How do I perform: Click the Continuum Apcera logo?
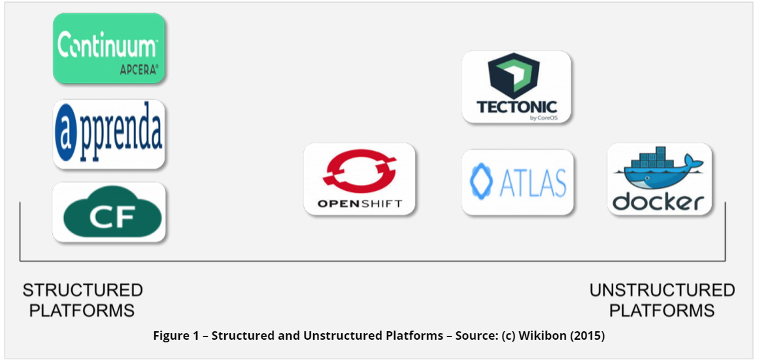[x=109, y=48]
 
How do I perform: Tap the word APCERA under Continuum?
[x=139, y=71]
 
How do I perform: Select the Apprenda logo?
[x=109, y=134]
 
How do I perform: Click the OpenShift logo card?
[x=359, y=178]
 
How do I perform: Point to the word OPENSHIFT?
[x=359, y=203]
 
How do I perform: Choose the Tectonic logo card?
[x=516, y=87]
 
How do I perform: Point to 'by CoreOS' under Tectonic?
[x=547, y=117]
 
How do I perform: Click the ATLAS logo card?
[x=518, y=182]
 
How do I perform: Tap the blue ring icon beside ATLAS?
[x=481, y=182]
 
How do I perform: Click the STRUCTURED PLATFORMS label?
[x=82, y=300]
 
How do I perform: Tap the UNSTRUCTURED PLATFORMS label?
[x=662, y=300]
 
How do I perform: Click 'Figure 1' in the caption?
[x=175, y=336]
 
